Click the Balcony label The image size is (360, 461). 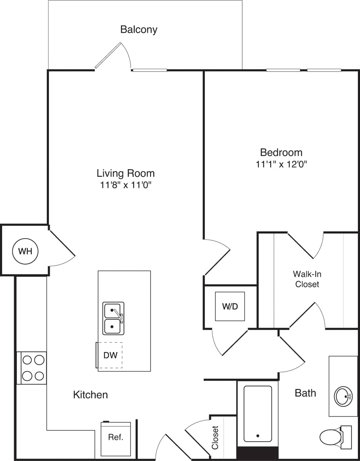[139, 29]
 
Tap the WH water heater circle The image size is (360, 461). [25, 251]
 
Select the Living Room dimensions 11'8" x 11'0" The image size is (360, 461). [126, 185]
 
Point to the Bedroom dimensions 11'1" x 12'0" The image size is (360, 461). [281, 164]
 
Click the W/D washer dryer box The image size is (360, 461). [230, 306]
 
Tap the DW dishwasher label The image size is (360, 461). [111, 355]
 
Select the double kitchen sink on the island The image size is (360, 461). [113, 318]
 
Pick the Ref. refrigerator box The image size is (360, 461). [116, 438]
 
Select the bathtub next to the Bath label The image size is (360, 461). [258, 413]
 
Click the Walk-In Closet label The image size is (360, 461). [307, 279]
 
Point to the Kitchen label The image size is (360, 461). [90, 395]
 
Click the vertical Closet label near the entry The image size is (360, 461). [215, 437]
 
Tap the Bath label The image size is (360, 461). [305, 393]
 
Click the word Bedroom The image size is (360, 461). [281, 152]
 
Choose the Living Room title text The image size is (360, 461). [126, 173]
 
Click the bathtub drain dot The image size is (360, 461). [258, 436]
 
